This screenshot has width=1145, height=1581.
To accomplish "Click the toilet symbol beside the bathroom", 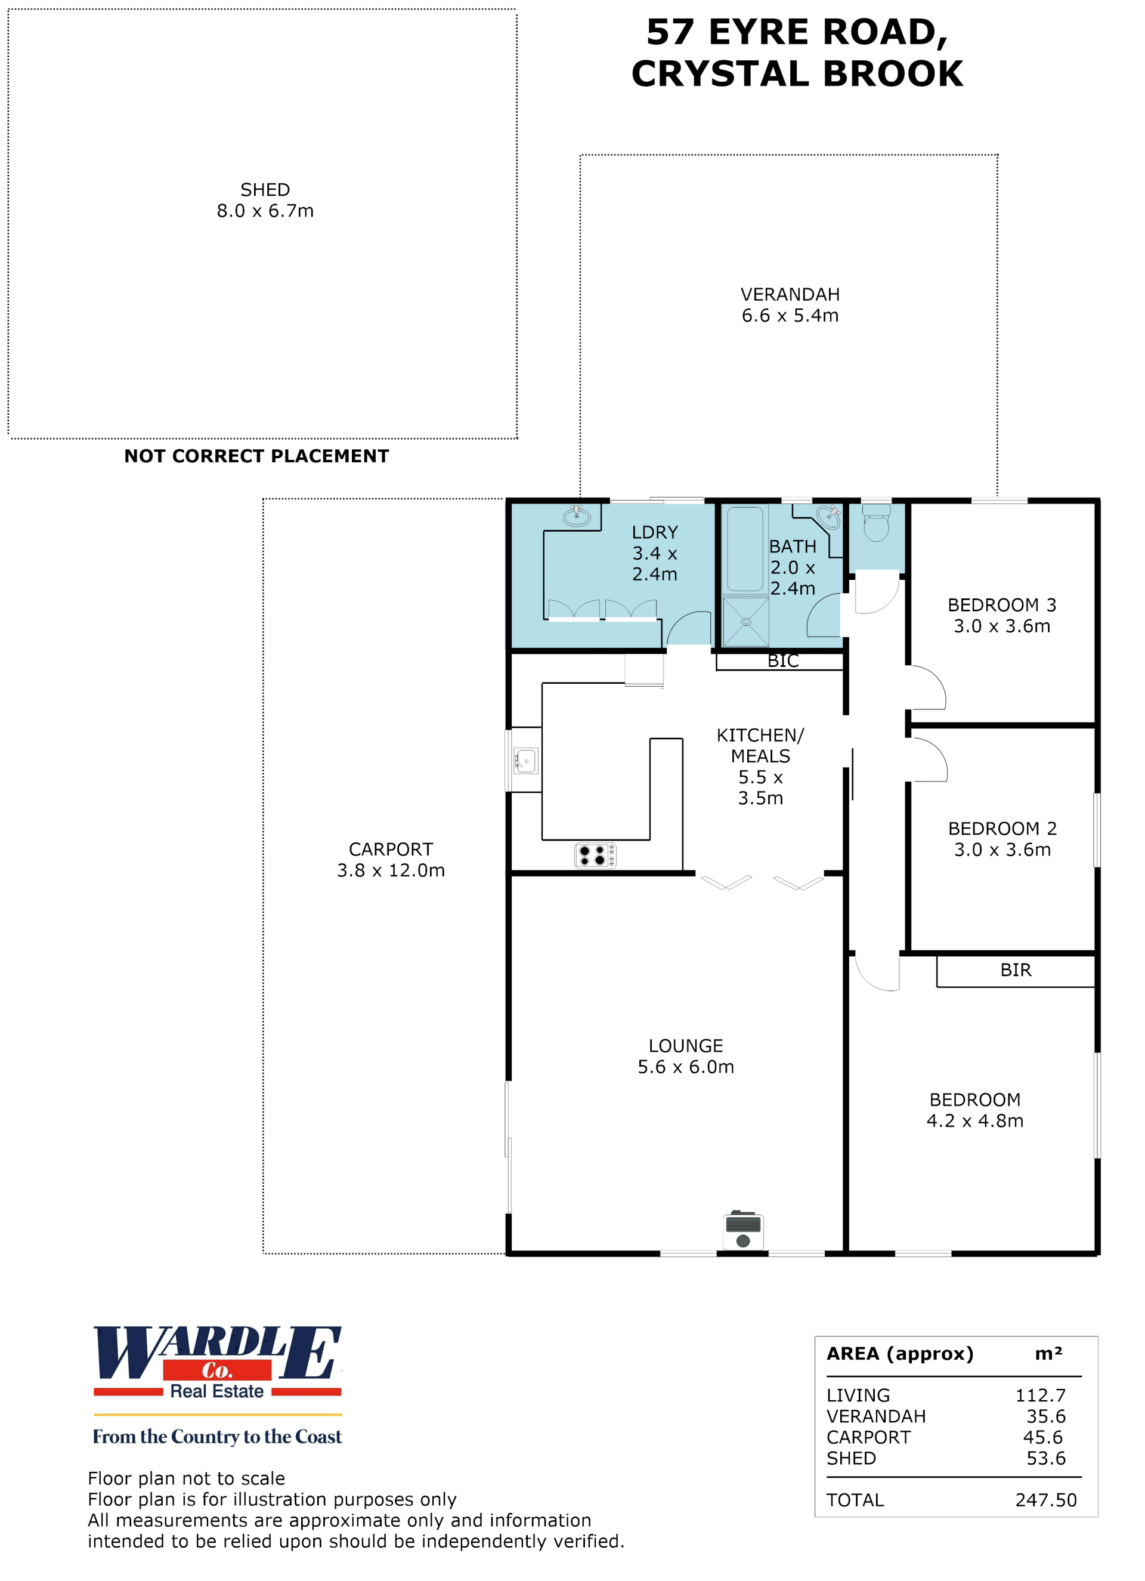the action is [x=876, y=522].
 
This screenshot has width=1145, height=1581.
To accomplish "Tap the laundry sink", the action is [x=576, y=516].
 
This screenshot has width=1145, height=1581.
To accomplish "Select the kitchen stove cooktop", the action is [x=595, y=856].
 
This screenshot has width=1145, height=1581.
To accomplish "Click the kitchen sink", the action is [x=525, y=761].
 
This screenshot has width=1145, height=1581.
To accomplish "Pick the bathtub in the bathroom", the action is [x=745, y=549].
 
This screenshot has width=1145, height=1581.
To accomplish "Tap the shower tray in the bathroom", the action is [x=745, y=622].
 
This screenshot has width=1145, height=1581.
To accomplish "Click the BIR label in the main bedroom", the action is [x=1016, y=969].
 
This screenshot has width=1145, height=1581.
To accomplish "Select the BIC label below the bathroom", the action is [x=782, y=661].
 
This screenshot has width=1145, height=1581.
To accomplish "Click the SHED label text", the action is [x=265, y=190].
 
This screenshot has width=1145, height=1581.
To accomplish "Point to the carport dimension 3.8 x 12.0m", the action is [x=391, y=870].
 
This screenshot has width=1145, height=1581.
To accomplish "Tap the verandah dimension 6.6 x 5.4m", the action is [x=790, y=315].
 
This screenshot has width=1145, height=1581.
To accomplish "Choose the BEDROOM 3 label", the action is [x=1001, y=604].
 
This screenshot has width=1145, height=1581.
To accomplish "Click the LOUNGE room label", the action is [x=686, y=1046].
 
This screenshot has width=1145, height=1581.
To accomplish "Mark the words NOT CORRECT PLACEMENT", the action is [x=256, y=456].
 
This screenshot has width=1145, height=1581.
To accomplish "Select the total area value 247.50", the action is [x=1045, y=1499].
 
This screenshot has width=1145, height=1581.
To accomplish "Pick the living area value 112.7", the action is [x=1041, y=1395].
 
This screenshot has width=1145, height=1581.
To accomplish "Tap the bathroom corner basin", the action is [x=828, y=516].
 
